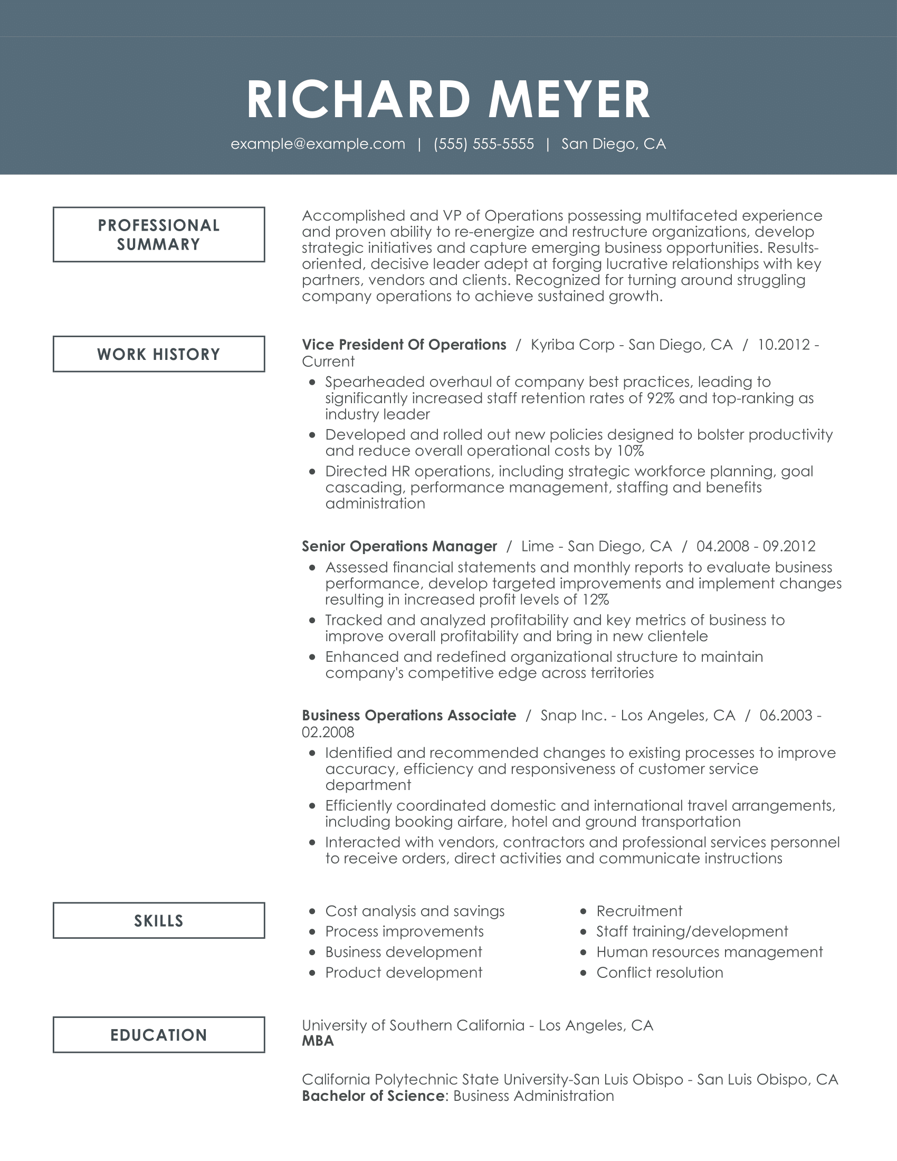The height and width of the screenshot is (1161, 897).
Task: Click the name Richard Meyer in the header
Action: [448, 99]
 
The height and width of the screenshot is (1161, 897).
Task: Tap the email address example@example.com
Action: [318, 144]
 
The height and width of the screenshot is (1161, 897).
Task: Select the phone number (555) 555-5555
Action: [483, 144]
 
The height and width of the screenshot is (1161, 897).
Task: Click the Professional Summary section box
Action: [159, 234]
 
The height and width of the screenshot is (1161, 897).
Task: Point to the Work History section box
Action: [159, 354]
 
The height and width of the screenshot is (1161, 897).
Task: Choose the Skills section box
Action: [159, 920]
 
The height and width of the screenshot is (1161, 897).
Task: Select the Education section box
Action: [159, 1034]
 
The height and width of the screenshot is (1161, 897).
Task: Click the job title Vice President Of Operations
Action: [404, 345]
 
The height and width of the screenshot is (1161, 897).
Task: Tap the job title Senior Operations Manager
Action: [399, 547]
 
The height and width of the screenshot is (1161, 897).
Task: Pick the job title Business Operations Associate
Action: [408, 716]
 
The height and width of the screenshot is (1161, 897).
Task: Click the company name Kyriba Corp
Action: [572, 345]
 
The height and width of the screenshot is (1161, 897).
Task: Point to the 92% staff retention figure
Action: [661, 398]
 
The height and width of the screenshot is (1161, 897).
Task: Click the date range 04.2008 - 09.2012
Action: [756, 547]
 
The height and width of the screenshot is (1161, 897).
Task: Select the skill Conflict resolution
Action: [660, 972]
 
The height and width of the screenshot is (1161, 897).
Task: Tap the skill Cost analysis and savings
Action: [415, 911]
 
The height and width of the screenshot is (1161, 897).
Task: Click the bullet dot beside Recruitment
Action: [584, 912]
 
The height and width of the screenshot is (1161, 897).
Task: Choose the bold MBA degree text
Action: [318, 1041]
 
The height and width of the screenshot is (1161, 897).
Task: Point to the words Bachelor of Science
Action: [373, 1096]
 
